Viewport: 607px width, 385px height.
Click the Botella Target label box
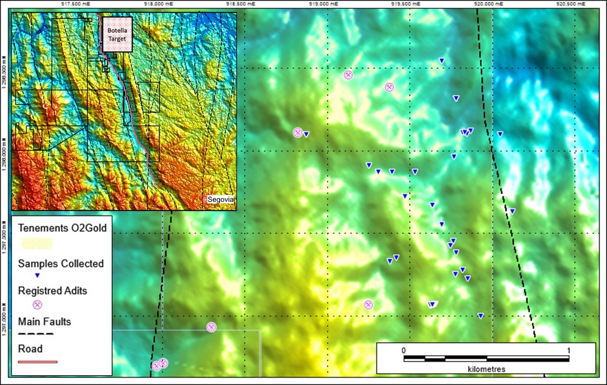(x=117, y=35)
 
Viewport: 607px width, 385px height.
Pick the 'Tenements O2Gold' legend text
(x=63, y=228)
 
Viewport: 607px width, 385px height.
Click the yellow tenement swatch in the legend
(x=36, y=243)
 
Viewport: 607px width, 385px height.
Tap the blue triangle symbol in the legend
(x=37, y=276)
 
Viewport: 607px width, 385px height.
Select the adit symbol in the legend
(x=37, y=305)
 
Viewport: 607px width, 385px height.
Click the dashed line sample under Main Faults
(x=36, y=334)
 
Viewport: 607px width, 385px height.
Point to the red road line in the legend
(x=37, y=361)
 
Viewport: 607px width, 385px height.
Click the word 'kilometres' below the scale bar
(x=486, y=369)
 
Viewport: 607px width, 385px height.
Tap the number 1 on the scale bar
(x=569, y=350)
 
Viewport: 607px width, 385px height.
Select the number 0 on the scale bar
(x=403, y=350)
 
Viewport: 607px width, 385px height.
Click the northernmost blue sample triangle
(x=441, y=60)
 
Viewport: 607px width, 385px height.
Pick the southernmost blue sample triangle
(x=480, y=315)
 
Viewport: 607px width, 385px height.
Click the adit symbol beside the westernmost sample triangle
(x=298, y=132)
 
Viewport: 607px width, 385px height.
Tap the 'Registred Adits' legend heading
(x=52, y=291)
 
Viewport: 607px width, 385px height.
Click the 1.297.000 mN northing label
(x=5, y=317)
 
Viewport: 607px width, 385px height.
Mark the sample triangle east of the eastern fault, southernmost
(x=512, y=211)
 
